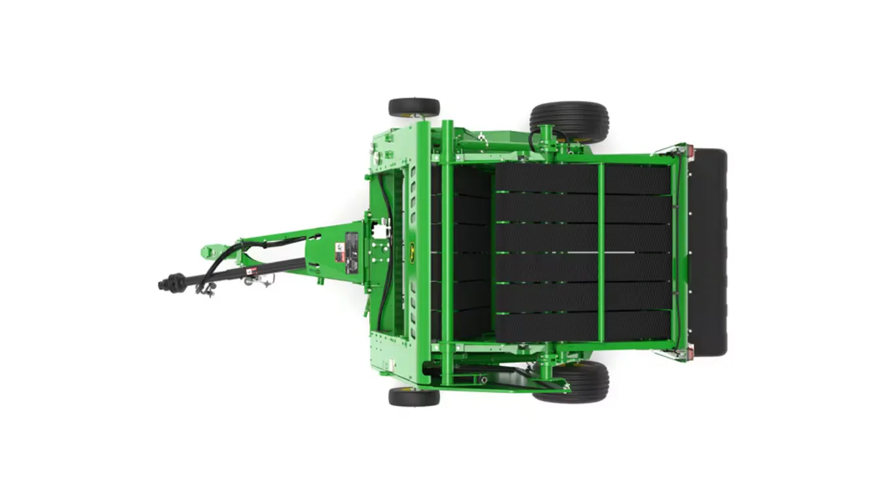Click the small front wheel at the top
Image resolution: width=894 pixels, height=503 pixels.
tap(413, 107)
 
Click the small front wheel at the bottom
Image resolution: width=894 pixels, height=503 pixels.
tap(413, 396)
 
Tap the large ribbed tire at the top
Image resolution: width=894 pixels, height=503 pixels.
tap(568, 121)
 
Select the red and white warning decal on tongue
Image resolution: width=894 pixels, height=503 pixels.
tap(339, 251)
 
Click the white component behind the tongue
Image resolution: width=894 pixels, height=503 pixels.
tap(378, 231)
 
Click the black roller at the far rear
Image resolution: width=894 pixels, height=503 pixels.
tap(709, 252)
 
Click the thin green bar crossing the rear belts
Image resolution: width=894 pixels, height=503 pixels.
tap(601, 252)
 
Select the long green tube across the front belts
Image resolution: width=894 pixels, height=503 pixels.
tap(447, 252)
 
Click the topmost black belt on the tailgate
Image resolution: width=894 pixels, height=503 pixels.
tap(583, 178)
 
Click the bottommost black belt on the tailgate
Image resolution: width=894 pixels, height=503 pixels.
tap(583, 326)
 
